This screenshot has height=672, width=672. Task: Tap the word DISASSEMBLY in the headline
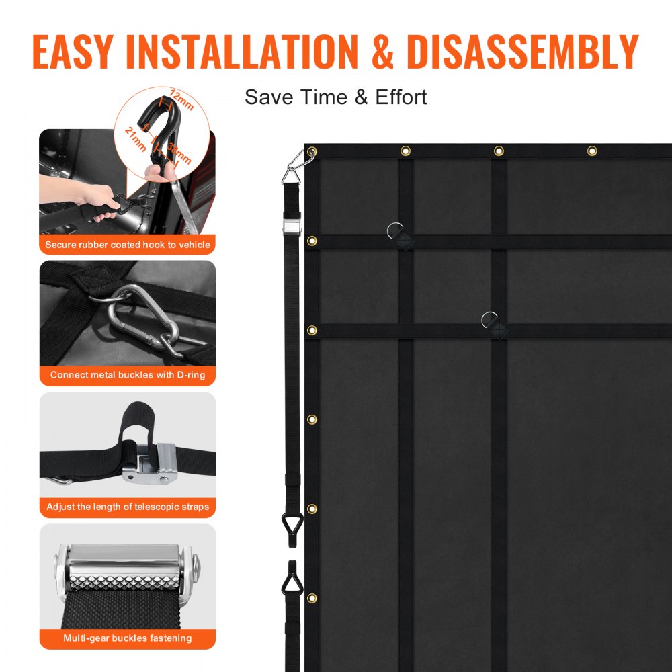tap(522, 50)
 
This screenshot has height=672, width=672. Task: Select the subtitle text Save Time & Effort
tap(335, 97)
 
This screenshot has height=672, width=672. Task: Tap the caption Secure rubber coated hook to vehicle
tap(128, 245)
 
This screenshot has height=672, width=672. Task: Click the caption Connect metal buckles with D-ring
tap(128, 375)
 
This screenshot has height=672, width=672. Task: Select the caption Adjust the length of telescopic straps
tap(128, 507)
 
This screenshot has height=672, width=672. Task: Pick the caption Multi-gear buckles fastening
tap(128, 638)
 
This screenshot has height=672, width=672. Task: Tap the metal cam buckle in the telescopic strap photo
tap(151, 464)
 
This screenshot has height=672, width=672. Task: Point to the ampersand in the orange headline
tap(382, 50)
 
